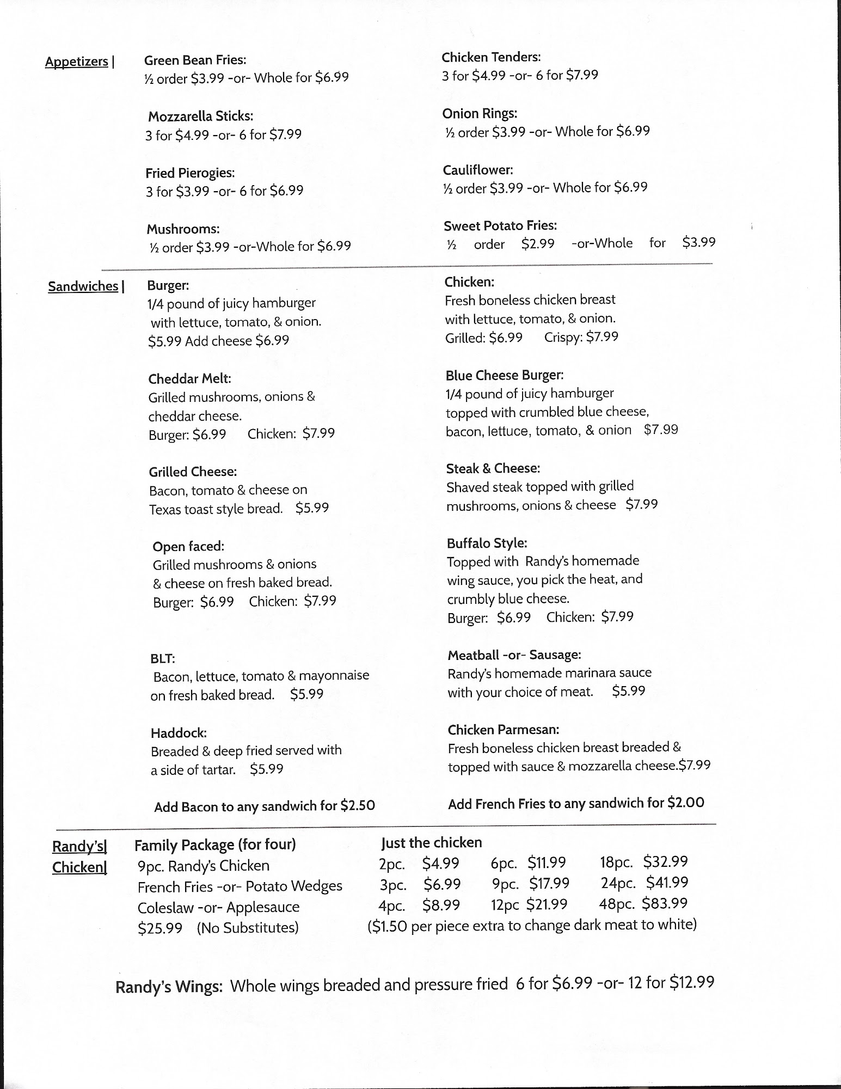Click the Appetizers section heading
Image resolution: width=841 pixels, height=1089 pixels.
(77, 62)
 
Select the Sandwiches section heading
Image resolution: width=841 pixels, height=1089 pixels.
(83, 286)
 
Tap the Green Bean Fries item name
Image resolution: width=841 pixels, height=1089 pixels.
(195, 60)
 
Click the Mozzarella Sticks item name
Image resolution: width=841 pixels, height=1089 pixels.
(200, 117)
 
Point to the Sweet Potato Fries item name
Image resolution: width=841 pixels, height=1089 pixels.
(500, 226)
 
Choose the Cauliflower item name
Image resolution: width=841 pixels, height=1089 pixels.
(477, 170)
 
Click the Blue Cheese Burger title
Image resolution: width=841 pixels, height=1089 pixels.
(504, 376)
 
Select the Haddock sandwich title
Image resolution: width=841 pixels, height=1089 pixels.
(179, 733)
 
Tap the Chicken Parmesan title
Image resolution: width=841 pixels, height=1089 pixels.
(503, 730)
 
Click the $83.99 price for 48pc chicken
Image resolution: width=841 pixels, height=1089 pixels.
(665, 904)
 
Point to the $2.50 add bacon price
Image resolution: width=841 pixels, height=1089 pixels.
(358, 806)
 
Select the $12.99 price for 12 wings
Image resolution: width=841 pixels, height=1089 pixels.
(691, 983)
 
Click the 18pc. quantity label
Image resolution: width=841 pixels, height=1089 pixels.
(616, 862)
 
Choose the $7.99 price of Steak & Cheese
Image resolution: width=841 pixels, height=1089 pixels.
(641, 505)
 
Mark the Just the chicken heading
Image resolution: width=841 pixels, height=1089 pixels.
(431, 843)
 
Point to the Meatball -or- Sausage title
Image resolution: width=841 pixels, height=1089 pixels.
(514, 655)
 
